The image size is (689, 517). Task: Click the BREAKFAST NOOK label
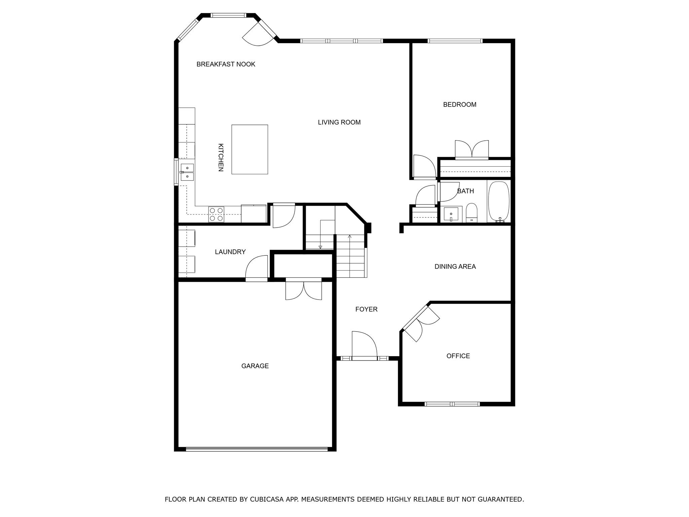226,64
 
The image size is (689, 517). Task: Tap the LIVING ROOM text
339,123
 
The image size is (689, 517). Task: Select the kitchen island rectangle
250,149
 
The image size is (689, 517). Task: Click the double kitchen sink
187,172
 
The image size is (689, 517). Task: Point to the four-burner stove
216,214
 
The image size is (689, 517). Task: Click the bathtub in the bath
499,201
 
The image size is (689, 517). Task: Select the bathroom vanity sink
451,214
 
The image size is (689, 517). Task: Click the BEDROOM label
460,105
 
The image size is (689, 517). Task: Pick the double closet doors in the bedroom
472,150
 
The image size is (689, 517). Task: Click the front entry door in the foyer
364,347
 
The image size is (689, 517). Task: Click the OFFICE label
458,356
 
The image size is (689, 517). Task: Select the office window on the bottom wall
452,404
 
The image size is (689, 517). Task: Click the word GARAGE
255,366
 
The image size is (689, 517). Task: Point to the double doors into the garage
303,289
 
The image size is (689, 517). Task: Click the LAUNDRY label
230,252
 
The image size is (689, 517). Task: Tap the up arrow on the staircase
350,237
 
